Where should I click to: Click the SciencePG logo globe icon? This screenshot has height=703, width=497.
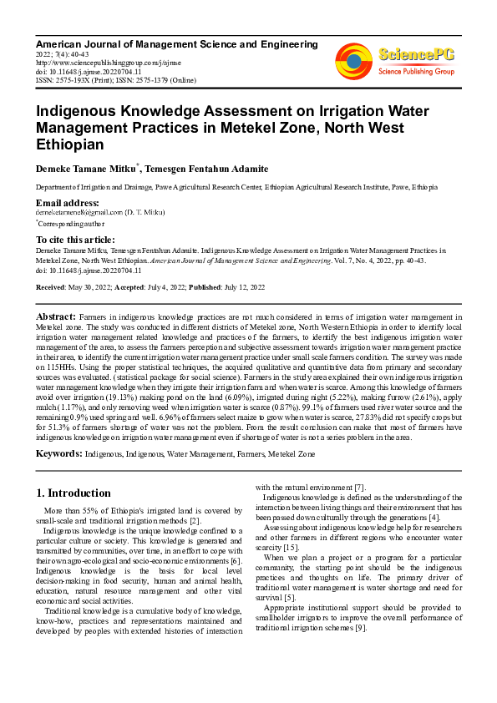(354, 59)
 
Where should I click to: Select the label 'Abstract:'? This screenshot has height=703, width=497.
(55, 317)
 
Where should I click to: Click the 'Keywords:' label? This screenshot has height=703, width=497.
(58, 453)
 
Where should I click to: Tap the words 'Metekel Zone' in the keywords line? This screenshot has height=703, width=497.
(291, 453)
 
